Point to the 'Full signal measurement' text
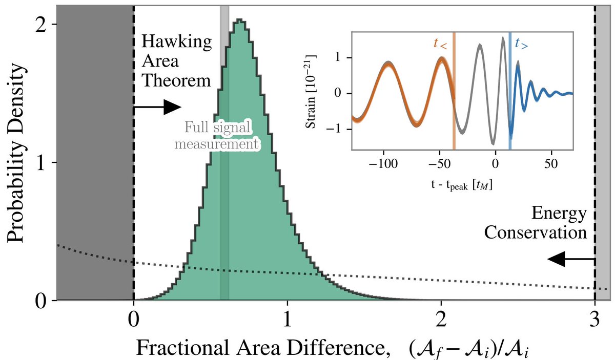point(216,136)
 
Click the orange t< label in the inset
point(440,44)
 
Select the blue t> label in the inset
point(521,44)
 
